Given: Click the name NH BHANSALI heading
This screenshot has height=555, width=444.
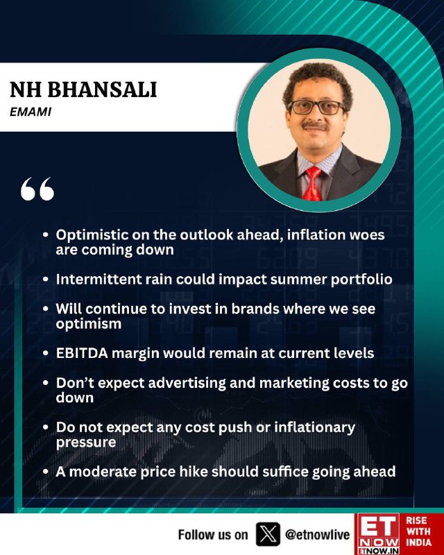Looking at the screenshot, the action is click(x=83, y=89).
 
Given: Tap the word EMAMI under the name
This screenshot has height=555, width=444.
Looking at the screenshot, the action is click(x=31, y=112).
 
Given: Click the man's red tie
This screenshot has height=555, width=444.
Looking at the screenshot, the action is click(x=312, y=184).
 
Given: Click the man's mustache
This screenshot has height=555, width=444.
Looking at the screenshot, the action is click(x=315, y=126).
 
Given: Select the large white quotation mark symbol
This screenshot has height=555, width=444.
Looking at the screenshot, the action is click(x=37, y=189).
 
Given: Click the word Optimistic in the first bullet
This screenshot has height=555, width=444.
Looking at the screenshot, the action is click(x=91, y=235).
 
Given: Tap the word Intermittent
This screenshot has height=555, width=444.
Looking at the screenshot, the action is click(x=98, y=280).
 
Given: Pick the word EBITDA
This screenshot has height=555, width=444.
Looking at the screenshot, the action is click(x=82, y=353).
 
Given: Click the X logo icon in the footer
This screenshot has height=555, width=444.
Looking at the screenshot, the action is click(x=268, y=534).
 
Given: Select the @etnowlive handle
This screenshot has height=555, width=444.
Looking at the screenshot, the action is click(x=317, y=534).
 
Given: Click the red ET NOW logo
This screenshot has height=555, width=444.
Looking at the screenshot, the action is click(x=377, y=533).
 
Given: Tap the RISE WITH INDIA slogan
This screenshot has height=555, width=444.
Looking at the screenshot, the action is click(x=418, y=531).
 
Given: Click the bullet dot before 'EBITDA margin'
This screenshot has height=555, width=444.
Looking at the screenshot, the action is click(x=45, y=353).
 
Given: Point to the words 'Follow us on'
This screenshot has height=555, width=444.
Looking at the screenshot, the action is click(x=213, y=534).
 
